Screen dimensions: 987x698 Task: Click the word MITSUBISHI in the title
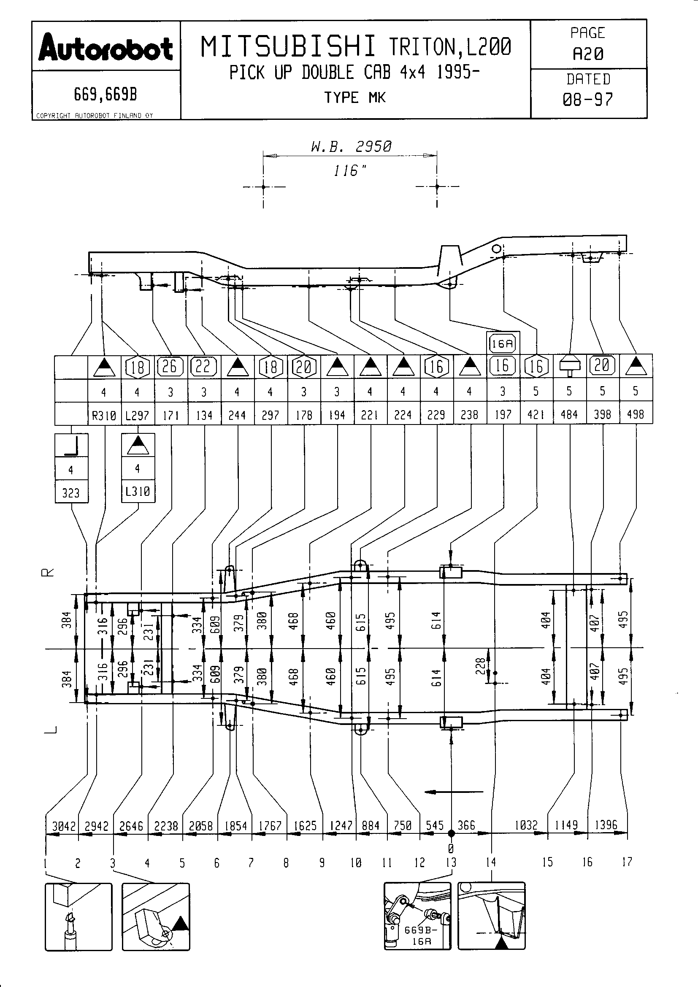pos(288,47)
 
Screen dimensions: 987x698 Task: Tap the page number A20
pos(588,54)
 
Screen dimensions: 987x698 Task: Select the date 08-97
pos(588,100)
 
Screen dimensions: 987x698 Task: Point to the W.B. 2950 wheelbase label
pos(351,147)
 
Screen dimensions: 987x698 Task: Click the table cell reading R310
pos(104,415)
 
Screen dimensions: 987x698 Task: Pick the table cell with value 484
pos(569,414)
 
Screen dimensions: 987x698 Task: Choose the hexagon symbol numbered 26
pos(170,366)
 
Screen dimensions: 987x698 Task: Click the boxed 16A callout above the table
pos(503,343)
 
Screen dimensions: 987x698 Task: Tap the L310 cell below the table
pos(138,491)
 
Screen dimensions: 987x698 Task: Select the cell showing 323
pos(71,492)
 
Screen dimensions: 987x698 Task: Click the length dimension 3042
pos(64,826)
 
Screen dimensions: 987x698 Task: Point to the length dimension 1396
pos(606,825)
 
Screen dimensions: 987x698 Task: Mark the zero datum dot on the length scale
pos(451,833)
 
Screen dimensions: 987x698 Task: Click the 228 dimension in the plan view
pos(481,666)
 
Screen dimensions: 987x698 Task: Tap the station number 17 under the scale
pos(627,862)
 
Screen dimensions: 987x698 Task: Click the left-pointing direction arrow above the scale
pos(453,791)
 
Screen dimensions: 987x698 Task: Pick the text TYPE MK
pos(355,98)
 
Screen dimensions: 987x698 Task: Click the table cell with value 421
pos(536,414)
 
